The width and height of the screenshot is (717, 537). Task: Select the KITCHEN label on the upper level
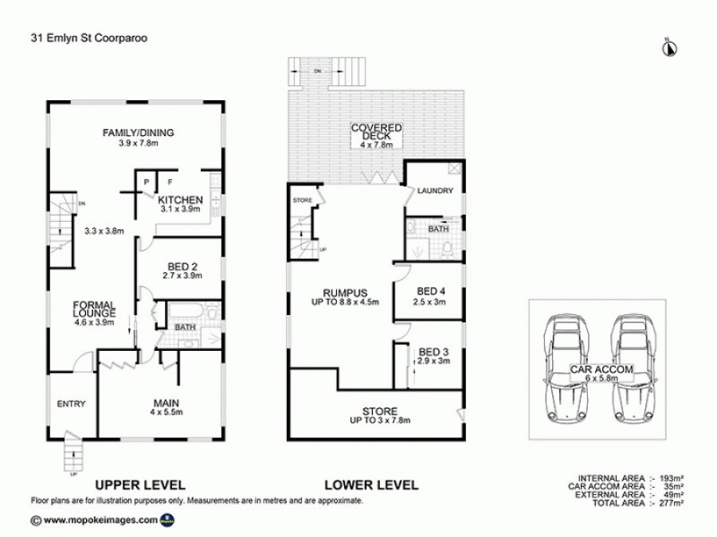[180, 200]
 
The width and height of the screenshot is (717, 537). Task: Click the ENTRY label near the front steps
[71, 404]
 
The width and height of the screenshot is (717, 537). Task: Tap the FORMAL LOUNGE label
[94, 310]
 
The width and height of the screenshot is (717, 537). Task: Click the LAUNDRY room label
[436, 191]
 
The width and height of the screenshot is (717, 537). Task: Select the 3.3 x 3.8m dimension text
[103, 230]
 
